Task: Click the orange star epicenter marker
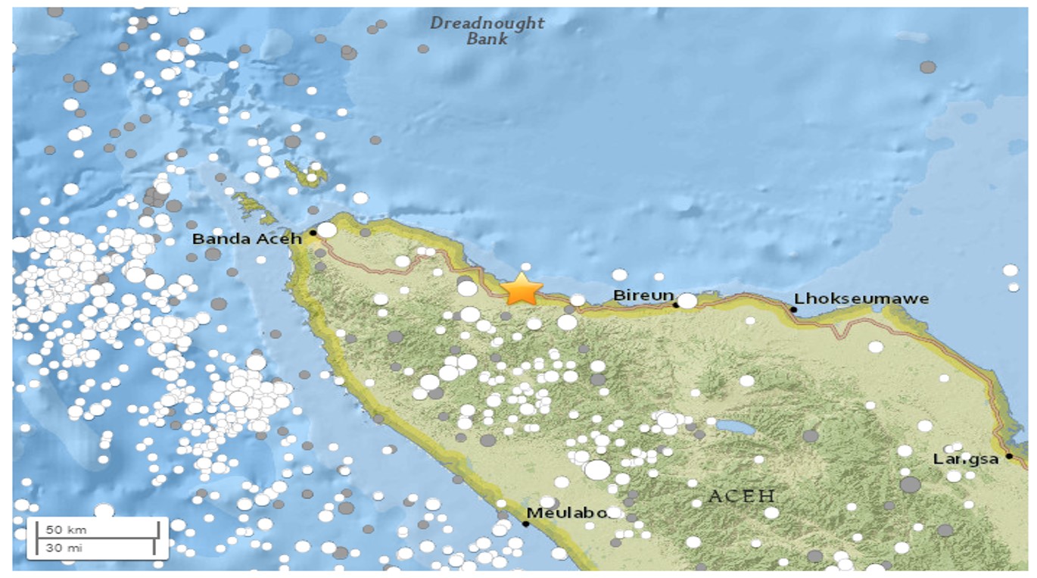point(522,289)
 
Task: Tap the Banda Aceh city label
point(246,239)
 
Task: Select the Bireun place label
point(643,295)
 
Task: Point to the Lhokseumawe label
point(861,298)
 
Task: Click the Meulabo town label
point(567,513)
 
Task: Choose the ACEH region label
point(742,497)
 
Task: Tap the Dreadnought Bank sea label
point(487,30)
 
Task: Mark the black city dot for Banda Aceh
point(313,233)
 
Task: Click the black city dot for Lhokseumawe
point(794,309)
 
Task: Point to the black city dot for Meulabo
point(526,523)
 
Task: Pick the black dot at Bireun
point(675,305)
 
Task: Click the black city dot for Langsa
point(1009,457)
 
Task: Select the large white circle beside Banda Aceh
point(326,230)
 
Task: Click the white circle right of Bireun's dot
point(687,301)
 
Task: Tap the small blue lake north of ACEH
point(735,428)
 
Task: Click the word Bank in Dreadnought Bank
point(487,39)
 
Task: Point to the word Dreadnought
point(487,23)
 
